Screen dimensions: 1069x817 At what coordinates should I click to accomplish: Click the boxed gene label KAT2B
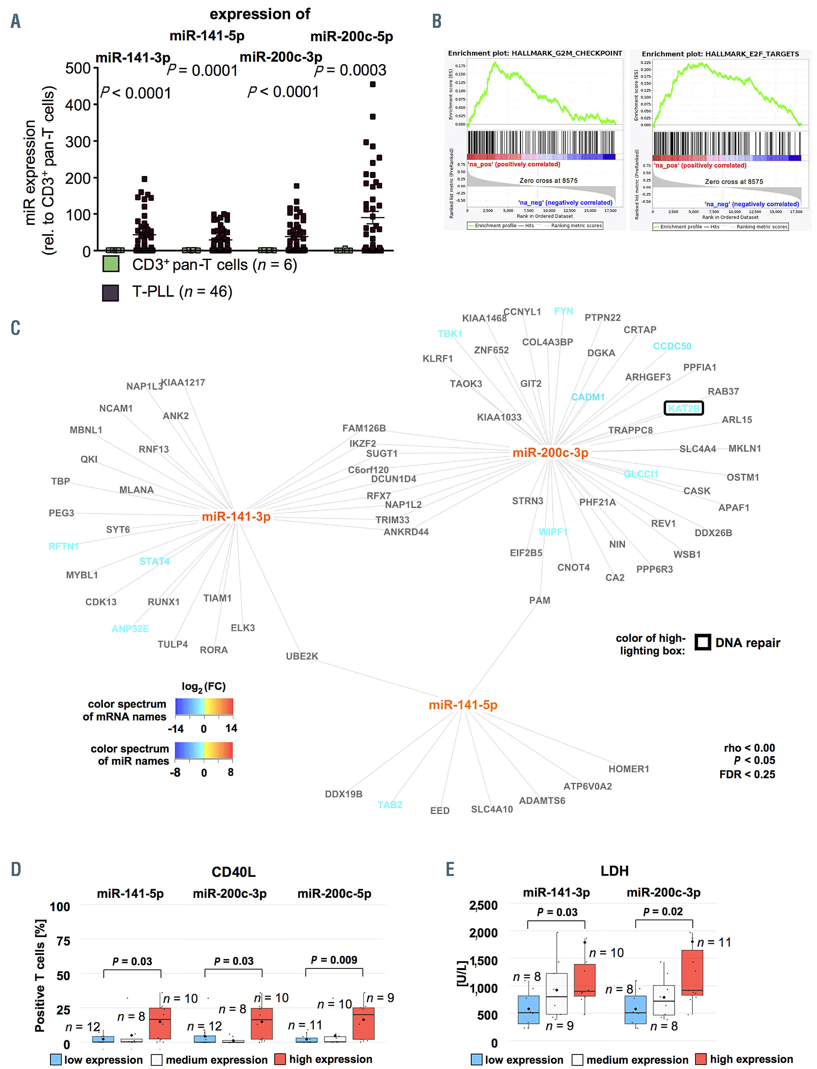point(683,408)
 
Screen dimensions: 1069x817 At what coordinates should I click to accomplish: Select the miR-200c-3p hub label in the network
point(550,453)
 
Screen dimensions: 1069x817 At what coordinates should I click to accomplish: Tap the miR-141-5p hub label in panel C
point(463,704)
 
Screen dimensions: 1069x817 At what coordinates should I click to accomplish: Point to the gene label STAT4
point(154,562)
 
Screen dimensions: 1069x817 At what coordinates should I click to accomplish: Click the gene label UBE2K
point(302,656)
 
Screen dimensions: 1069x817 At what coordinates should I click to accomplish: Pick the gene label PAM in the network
point(539,600)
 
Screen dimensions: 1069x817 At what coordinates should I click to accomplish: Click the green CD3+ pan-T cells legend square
point(111,264)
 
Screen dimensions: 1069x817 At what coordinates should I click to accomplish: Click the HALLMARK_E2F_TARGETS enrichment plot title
point(720,54)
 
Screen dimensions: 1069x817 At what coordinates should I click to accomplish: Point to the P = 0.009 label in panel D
point(334,960)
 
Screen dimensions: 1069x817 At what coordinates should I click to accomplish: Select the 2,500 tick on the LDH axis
point(483,906)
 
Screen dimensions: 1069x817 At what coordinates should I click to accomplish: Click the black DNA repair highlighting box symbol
point(702,642)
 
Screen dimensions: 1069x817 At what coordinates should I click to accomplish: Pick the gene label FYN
point(564,311)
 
